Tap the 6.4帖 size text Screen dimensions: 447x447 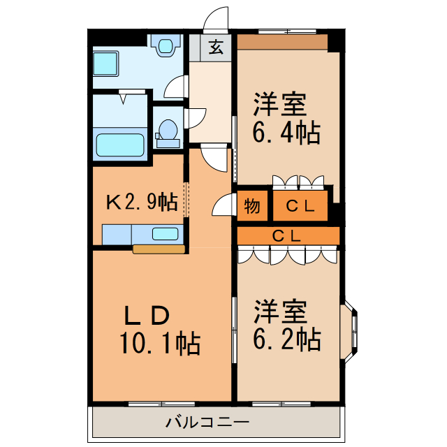286,131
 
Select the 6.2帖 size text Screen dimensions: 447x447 286,339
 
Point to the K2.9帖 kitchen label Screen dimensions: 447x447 141,203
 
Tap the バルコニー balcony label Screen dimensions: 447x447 207,423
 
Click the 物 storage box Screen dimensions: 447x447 252,206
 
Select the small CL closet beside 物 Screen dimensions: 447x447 299,206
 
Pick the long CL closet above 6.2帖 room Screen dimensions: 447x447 287,235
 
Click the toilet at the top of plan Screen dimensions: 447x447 166,46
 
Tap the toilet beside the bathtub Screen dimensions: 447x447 168,132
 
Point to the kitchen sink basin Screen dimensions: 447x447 166,234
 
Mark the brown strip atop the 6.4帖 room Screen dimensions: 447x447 282,42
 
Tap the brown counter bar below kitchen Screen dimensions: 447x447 159,249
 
